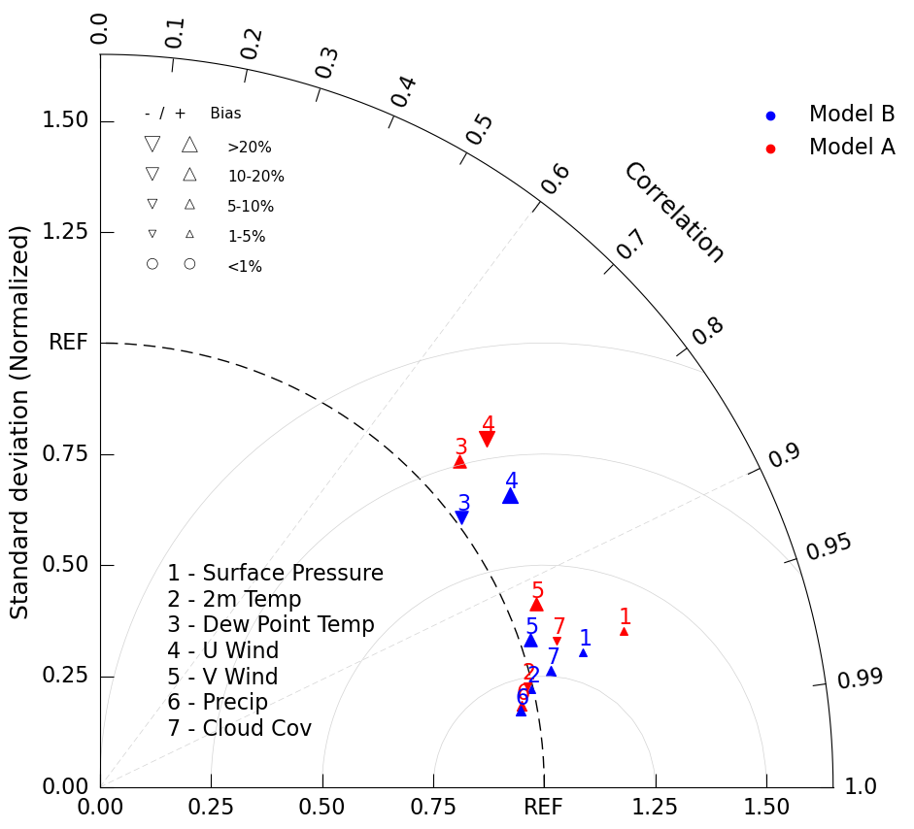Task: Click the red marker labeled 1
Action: click(x=624, y=631)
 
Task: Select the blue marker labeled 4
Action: click(x=510, y=496)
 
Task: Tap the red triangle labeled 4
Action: click(x=487, y=440)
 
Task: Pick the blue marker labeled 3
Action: click(x=461, y=517)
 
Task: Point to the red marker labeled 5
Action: click(x=536, y=604)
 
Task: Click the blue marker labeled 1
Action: click(x=583, y=652)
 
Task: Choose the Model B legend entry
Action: click(x=851, y=115)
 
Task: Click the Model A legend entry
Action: click(x=851, y=148)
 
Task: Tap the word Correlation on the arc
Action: click(x=674, y=212)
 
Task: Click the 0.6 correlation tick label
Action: click(x=557, y=179)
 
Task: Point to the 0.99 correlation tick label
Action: click(x=860, y=679)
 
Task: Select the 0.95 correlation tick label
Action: click(x=829, y=547)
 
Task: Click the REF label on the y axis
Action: click(x=68, y=343)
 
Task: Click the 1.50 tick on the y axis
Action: click(x=65, y=120)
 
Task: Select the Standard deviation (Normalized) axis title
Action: click(x=20, y=421)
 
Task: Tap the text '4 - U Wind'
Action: click(x=222, y=651)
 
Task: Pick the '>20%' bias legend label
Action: click(x=250, y=148)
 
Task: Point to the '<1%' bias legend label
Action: click(x=245, y=267)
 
